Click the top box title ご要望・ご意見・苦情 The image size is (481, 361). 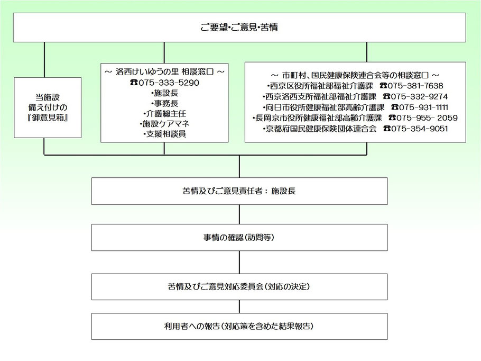pyautogui.click(x=239, y=28)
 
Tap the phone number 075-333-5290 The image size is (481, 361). pyautogui.click(x=169, y=83)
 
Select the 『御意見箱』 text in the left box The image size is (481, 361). pyautogui.click(x=48, y=118)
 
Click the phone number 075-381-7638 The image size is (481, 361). pyautogui.click(x=415, y=86)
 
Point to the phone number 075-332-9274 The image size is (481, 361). pyautogui.click(x=419, y=96)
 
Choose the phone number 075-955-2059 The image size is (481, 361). pyautogui.click(x=427, y=118)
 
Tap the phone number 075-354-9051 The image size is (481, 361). pyautogui.click(x=419, y=129)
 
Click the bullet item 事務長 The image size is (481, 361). pyautogui.click(x=165, y=103)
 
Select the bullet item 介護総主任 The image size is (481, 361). pyautogui.click(x=165, y=114)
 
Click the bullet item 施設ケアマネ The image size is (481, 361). pyautogui.click(x=165, y=124)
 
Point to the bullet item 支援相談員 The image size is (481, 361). pyautogui.click(x=165, y=134)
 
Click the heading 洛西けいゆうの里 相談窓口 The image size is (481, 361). pyautogui.click(x=164, y=72)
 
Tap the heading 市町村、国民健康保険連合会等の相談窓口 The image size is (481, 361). pyautogui.click(x=355, y=75)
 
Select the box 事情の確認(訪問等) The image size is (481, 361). pyautogui.click(x=239, y=238)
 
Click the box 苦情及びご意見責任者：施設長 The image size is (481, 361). pyautogui.click(x=239, y=191)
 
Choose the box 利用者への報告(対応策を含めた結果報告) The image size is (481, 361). pyautogui.click(x=239, y=326)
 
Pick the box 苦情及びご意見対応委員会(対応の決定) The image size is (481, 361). pyautogui.click(x=239, y=287)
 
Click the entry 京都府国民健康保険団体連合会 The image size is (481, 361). pyautogui.click(x=319, y=129)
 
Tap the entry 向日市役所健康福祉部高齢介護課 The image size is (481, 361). pyautogui.click(x=323, y=107)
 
